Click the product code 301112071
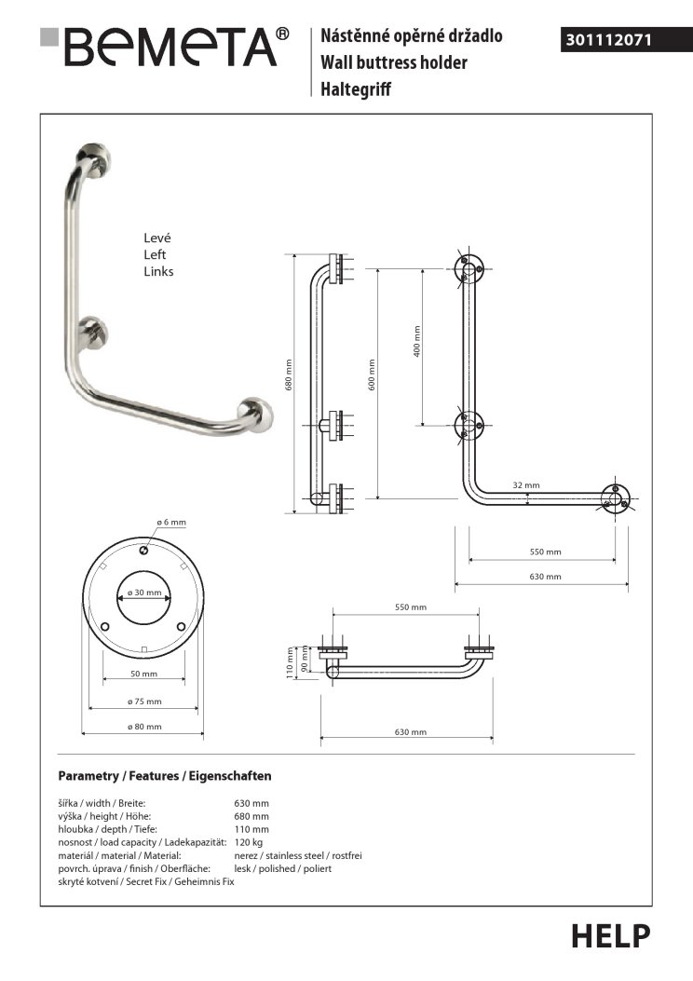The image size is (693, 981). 606,40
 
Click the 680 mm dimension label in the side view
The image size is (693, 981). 289,375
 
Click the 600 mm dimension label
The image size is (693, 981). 371,375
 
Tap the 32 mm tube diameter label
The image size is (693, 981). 525,485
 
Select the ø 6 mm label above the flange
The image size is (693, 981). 147,522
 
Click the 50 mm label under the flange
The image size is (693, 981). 143,674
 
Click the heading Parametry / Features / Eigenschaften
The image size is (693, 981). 165,775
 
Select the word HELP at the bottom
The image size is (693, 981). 611,935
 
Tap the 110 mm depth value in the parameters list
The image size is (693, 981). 251,828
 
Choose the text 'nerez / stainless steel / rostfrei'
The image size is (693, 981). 298,854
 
